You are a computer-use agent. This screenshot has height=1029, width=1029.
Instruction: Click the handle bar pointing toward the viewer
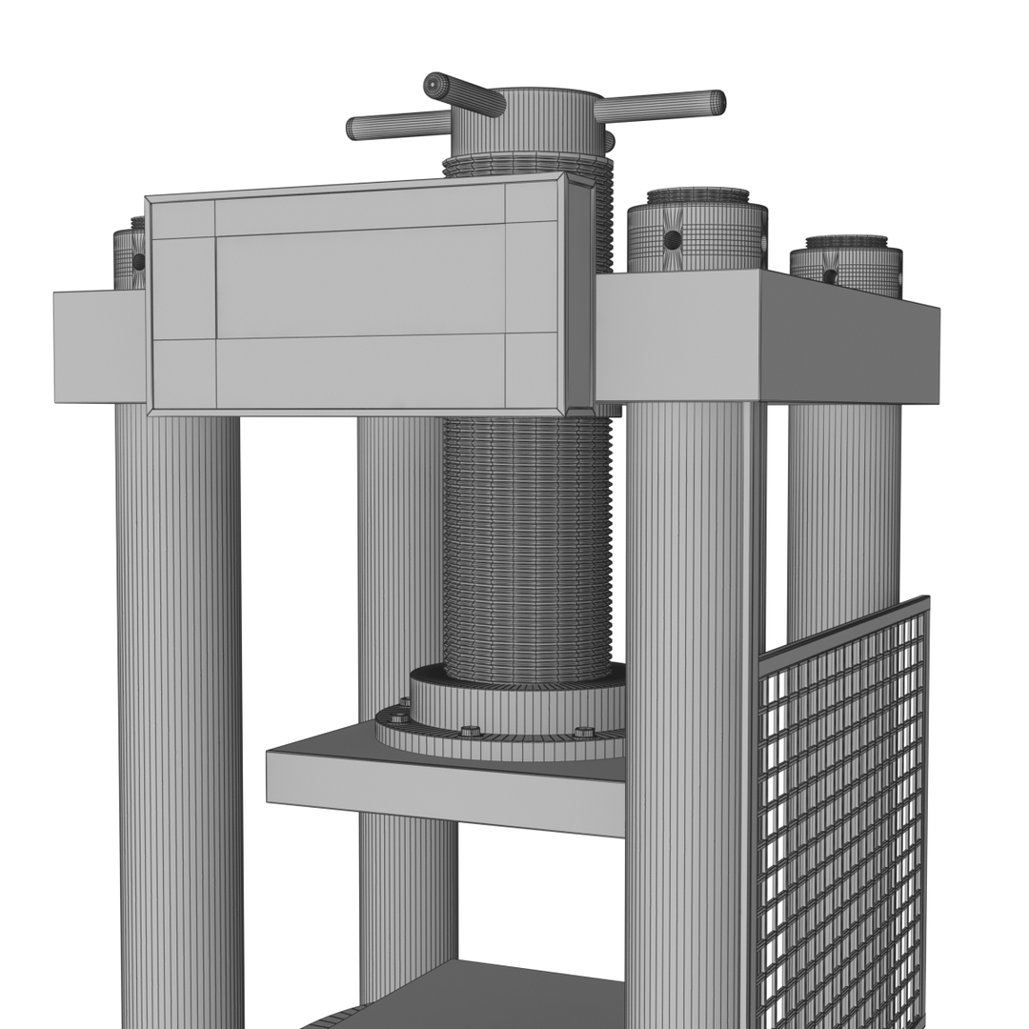pos(464,95)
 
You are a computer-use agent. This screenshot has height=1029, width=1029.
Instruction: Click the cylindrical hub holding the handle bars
pos(527,124)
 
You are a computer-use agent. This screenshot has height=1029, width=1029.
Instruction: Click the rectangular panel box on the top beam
pos(362,295)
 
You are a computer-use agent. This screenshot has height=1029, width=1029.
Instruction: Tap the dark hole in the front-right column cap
pos(673,240)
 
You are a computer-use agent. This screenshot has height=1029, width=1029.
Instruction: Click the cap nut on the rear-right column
pos(846,265)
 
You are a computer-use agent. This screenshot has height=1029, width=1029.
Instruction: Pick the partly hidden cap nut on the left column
pos(129,257)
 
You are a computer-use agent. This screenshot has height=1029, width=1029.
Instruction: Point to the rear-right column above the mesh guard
pos(843,514)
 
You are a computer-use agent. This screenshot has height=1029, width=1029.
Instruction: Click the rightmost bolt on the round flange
pos(584,733)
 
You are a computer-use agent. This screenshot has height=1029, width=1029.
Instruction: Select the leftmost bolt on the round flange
pos(397,716)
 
